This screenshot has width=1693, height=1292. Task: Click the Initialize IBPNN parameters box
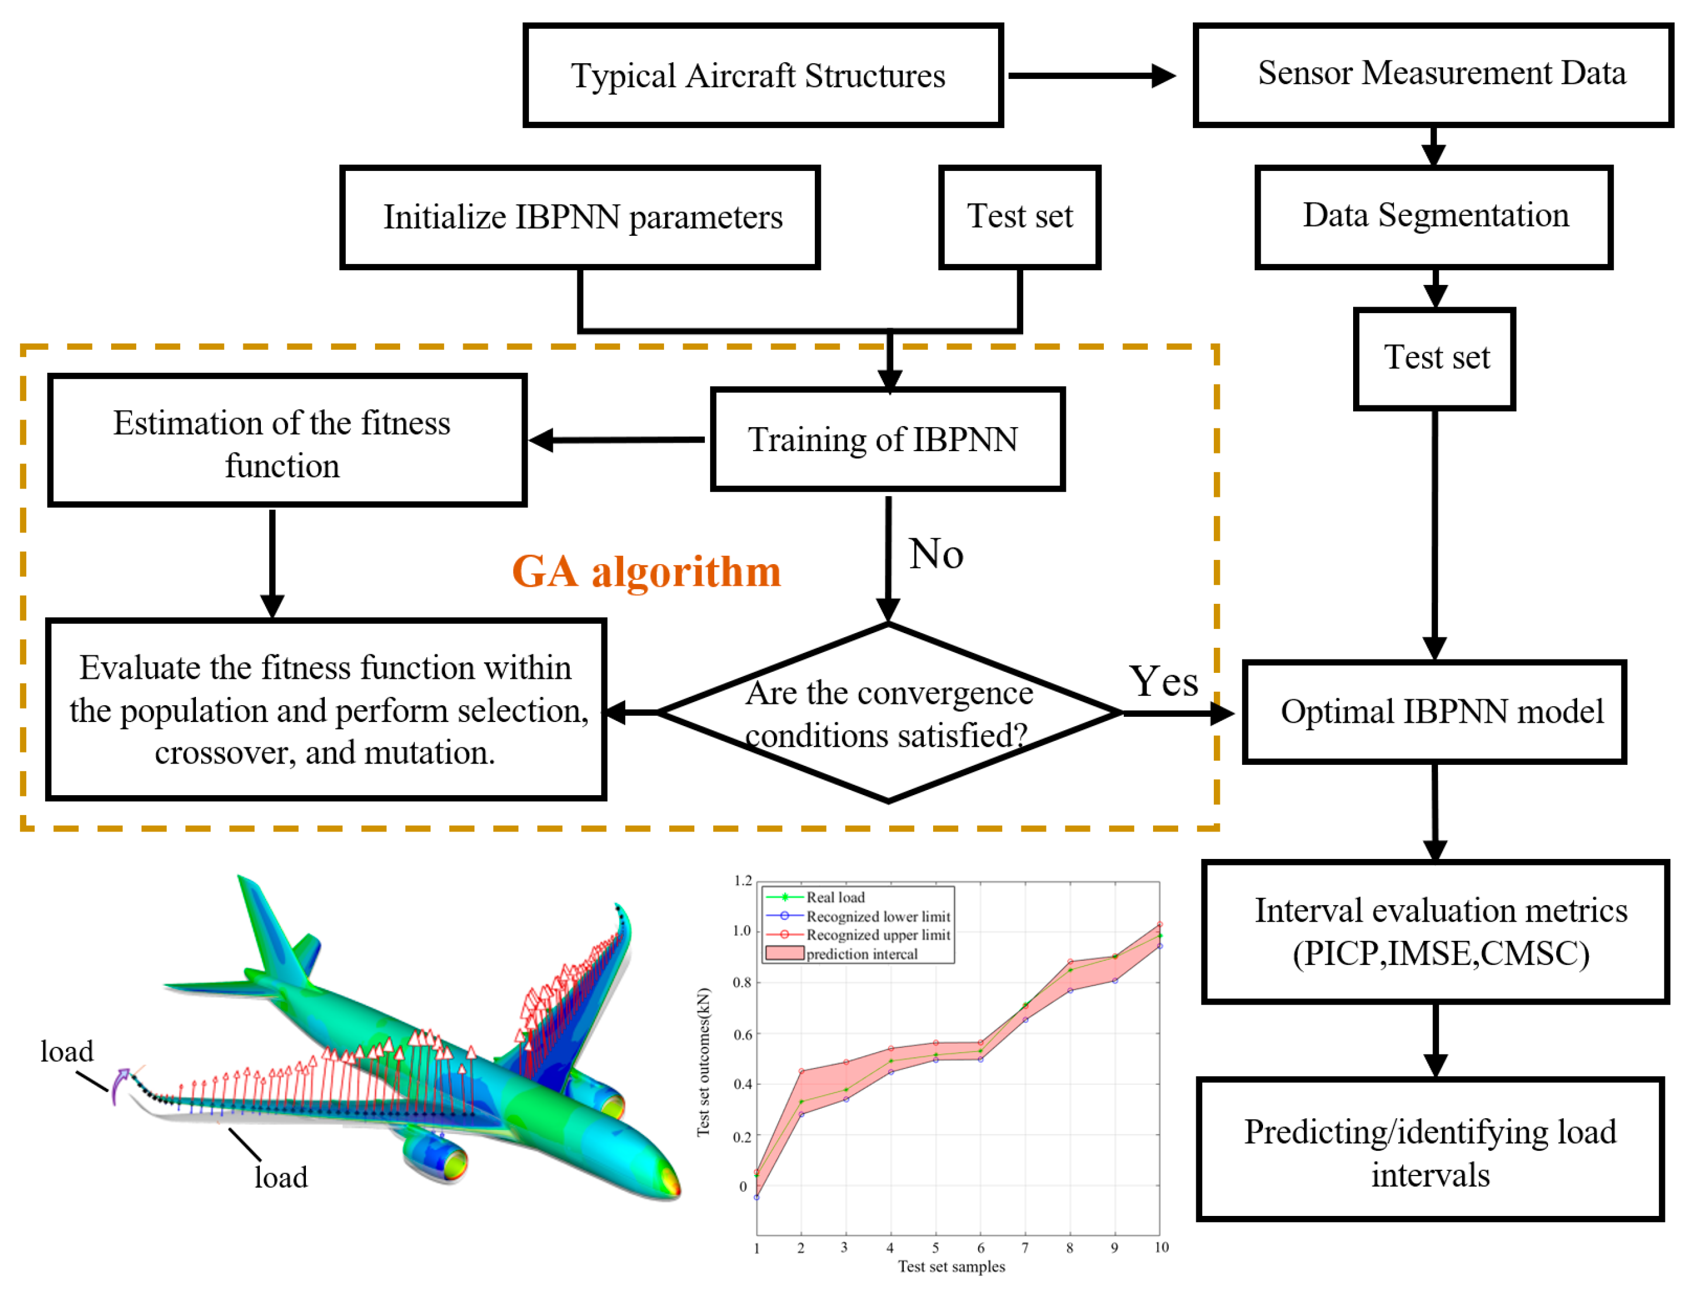(580, 217)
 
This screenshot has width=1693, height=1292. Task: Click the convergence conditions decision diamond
(888, 713)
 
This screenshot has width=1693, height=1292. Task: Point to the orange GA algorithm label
(646, 572)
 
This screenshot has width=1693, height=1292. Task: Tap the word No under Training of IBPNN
(935, 554)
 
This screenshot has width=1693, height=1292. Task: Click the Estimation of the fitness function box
(287, 440)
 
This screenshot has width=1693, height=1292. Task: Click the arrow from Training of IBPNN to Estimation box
(617, 440)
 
